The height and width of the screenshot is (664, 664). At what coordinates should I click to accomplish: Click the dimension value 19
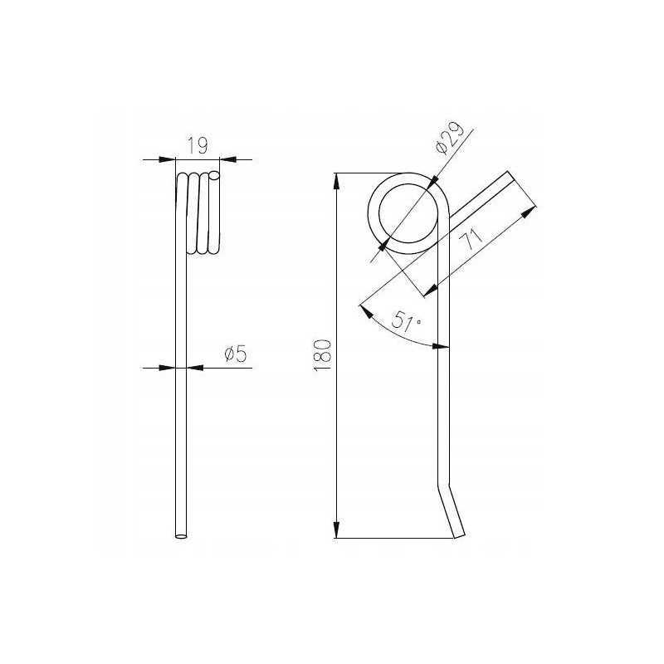(198, 146)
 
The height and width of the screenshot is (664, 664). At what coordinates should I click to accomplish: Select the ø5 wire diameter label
(236, 354)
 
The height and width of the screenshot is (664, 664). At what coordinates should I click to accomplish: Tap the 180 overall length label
(322, 355)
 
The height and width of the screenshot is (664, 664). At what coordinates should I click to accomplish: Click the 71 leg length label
(471, 239)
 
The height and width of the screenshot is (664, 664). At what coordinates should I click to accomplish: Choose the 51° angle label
(406, 322)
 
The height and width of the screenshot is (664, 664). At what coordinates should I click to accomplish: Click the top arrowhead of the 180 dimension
(336, 181)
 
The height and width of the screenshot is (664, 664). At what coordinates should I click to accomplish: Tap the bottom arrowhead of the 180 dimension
(336, 530)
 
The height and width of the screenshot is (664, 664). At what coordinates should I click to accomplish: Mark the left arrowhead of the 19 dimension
(167, 159)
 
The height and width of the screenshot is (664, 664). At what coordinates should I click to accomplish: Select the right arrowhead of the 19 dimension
(227, 159)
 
